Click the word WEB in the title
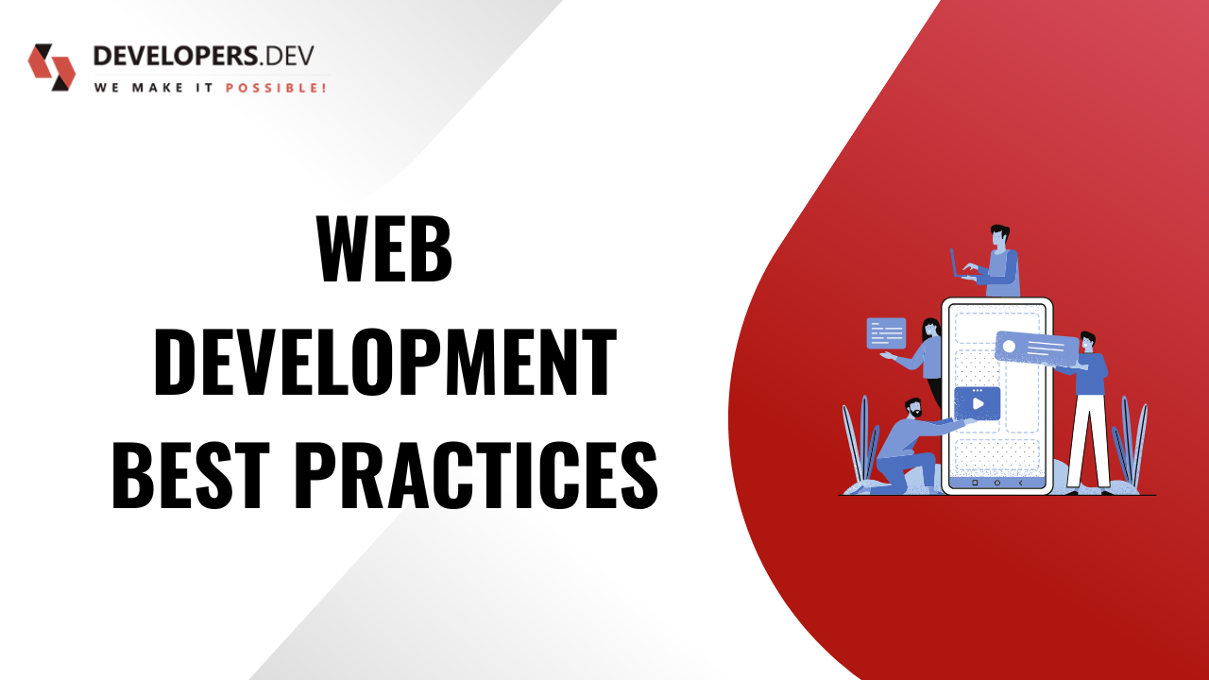(x=383, y=248)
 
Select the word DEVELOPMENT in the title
(x=385, y=362)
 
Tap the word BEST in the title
(x=191, y=475)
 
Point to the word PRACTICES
(x=477, y=475)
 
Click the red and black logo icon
(x=52, y=67)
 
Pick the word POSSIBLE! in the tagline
(x=276, y=88)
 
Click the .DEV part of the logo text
(x=286, y=56)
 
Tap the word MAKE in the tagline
(x=158, y=88)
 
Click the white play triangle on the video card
(x=978, y=403)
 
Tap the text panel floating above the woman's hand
(x=886, y=333)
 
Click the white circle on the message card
(x=1009, y=347)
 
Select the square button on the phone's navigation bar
(x=975, y=483)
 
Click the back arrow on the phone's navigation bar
(x=1020, y=483)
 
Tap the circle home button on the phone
(x=996, y=483)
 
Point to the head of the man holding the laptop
(x=999, y=237)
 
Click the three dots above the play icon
(x=978, y=390)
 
